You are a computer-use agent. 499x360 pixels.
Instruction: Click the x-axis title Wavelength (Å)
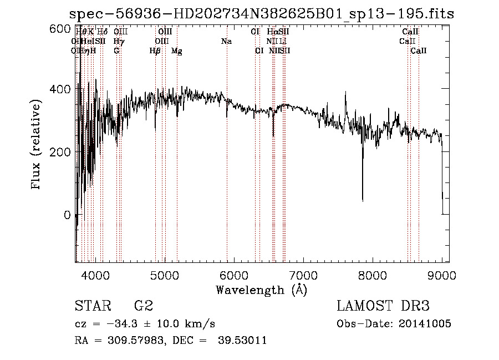pos(261,290)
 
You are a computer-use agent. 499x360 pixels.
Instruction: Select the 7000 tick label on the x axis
pos(303,275)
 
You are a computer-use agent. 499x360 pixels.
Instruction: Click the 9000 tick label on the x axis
pos(442,275)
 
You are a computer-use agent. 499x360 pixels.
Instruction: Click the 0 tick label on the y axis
pos(65,215)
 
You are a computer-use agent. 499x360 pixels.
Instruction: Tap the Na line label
pos(226,42)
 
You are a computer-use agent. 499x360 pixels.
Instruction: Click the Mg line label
pos(177,51)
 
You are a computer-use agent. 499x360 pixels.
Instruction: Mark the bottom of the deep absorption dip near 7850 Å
pos(363,200)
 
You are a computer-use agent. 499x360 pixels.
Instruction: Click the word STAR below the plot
pos(91,306)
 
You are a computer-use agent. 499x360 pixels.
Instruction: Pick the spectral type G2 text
pos(143,306)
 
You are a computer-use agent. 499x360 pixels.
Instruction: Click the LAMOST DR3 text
pos(383,306)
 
